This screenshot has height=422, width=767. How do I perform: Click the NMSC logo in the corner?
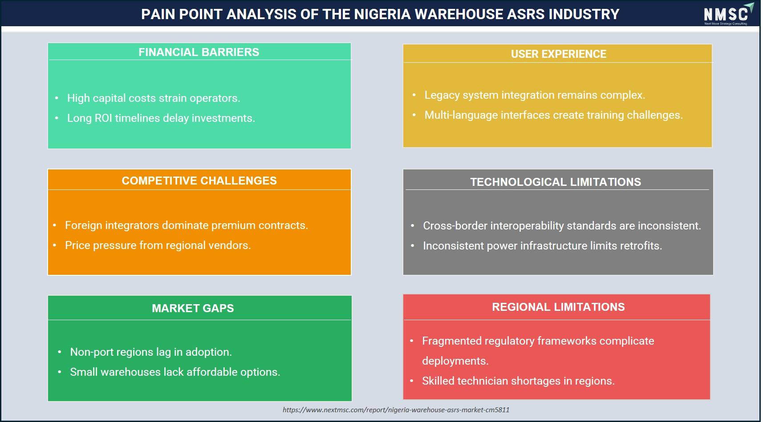coord(728,14)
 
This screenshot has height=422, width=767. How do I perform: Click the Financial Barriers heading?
coord(199,52)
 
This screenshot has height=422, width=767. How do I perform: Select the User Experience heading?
coord(558,54)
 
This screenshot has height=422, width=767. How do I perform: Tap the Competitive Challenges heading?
coord(199,181)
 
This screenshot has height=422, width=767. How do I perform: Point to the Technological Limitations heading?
coord(556,182)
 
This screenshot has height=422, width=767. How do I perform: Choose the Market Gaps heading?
coord(193,308)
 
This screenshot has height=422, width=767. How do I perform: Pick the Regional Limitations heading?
coord(558,307)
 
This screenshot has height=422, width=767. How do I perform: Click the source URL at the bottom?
coord(396,410)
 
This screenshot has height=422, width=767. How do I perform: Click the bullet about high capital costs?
coord(154,98)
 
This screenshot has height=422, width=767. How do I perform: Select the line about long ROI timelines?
coord(161,118)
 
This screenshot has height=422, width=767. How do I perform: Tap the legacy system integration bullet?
coord(535,95)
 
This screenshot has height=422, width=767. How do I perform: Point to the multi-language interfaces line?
coord(553,115)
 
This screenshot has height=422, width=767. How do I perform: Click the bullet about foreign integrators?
coord(187,225)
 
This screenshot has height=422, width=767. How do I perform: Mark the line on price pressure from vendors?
coord(158,245)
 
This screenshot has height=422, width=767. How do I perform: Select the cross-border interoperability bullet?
coord(562,226)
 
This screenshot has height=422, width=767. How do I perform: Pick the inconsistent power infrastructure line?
coord(542,246)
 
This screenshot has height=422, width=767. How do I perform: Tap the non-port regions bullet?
coord(151,352)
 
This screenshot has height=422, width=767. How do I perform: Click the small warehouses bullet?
coord(175,372)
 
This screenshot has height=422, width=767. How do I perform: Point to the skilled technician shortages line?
coord(518,381)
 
